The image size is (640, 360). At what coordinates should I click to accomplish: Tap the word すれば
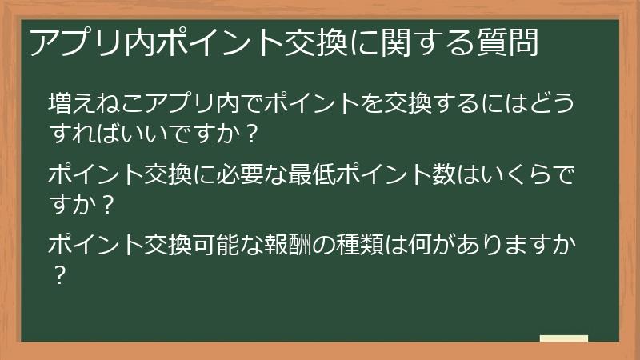(x=89, y=133)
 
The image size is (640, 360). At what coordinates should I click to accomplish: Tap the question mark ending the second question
(x=111, y=203)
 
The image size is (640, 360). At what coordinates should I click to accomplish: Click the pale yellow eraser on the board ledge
(x=563, y=338)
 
